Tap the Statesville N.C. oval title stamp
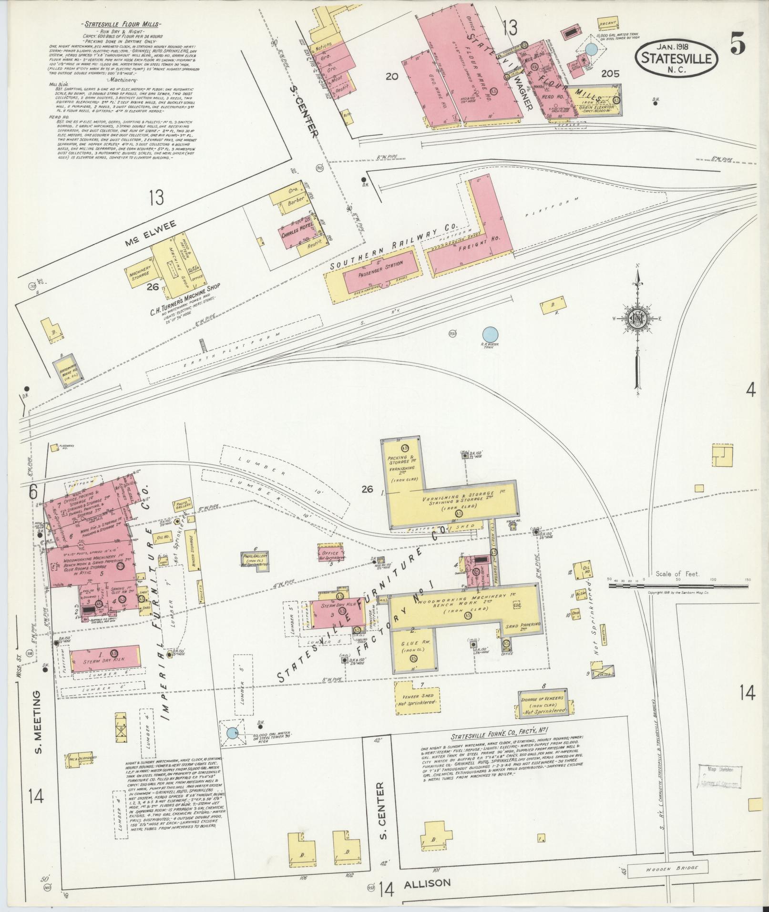677,57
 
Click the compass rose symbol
637,320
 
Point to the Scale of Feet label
677,574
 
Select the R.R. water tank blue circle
490,334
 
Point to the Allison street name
427,883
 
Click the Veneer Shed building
416,699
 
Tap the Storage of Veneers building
543,704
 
